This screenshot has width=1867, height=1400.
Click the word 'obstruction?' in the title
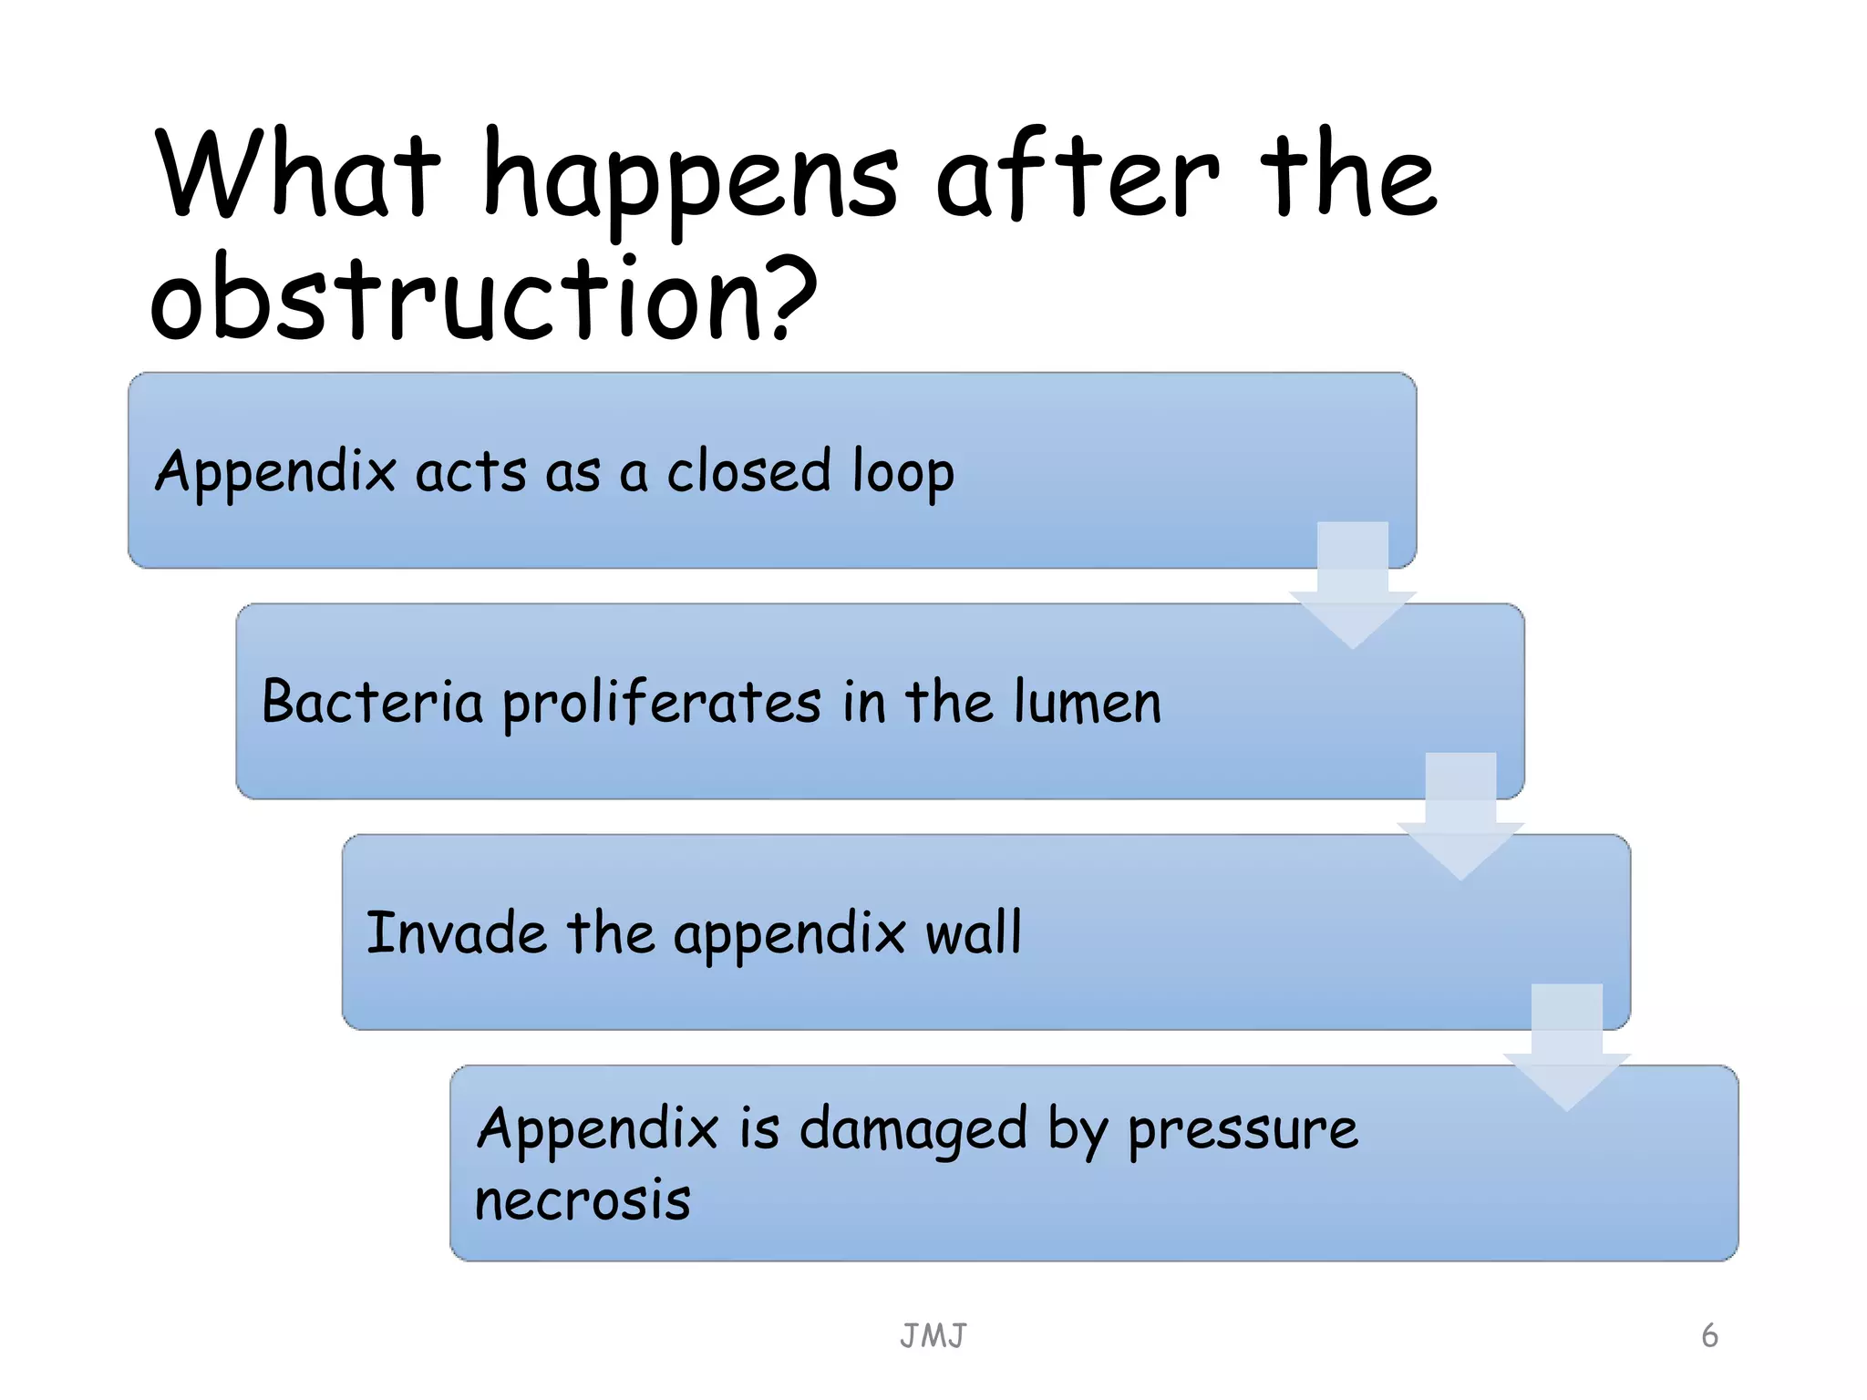(x=483, y=299)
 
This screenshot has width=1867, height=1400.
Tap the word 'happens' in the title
(x=690, y=178)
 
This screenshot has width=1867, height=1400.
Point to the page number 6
(x=1709, y=1335)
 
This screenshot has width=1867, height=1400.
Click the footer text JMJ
(x=933, y=1336)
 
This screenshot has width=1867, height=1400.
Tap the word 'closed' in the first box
(x=748, y=471)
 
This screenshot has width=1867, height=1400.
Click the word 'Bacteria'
(x=372, y=702)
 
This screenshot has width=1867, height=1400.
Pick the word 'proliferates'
(x=662, y=704)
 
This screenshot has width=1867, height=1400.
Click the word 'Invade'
(x=456, y=932)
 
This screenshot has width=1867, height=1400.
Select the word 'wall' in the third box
(x=974, y=932)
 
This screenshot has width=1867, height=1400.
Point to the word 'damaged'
(x=913, y=1130)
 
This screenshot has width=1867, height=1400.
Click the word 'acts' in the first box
(x=470, y=472)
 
